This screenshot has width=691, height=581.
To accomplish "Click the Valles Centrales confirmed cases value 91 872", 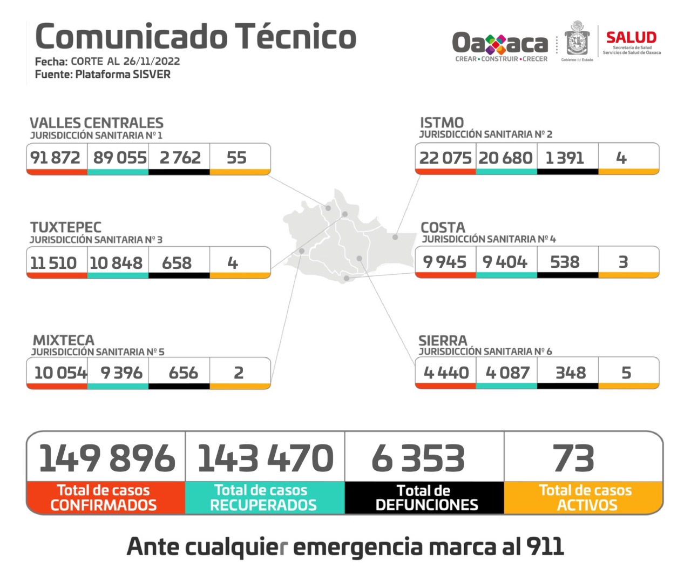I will [x=55, y=158].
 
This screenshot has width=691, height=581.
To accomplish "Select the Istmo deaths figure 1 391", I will [x=565, y=158].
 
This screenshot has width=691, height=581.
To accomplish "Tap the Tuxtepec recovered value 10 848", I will [x=116, y=263].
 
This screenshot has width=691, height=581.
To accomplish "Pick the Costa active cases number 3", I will [x=623, y=262].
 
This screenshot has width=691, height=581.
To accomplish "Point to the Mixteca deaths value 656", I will [x=183, y=373].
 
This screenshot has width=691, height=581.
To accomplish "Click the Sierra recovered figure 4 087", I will [x=507, y=373].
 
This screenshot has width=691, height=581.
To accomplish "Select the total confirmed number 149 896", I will [x=107, y=458].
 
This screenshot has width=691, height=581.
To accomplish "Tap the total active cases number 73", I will [x=573, y=458].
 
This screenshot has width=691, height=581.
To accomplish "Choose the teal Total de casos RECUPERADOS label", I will [x=263, y=498].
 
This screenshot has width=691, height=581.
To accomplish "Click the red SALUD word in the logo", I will [x=631, y=38].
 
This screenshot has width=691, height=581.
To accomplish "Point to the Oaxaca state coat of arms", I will [x=577, y=40].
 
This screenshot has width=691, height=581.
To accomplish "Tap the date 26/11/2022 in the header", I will [x=151, y=61].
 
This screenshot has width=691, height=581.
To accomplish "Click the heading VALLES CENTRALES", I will [x=97, y=123].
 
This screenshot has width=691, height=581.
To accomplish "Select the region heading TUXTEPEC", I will [x=66, y=227].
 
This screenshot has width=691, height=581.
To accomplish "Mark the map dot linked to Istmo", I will [x=395, y=237].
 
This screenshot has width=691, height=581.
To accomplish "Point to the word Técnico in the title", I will [x=296, y=37].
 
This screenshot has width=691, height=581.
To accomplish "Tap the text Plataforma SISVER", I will [x=123, y=75].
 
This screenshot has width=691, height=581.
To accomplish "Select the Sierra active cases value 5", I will [x=626, y=373].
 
